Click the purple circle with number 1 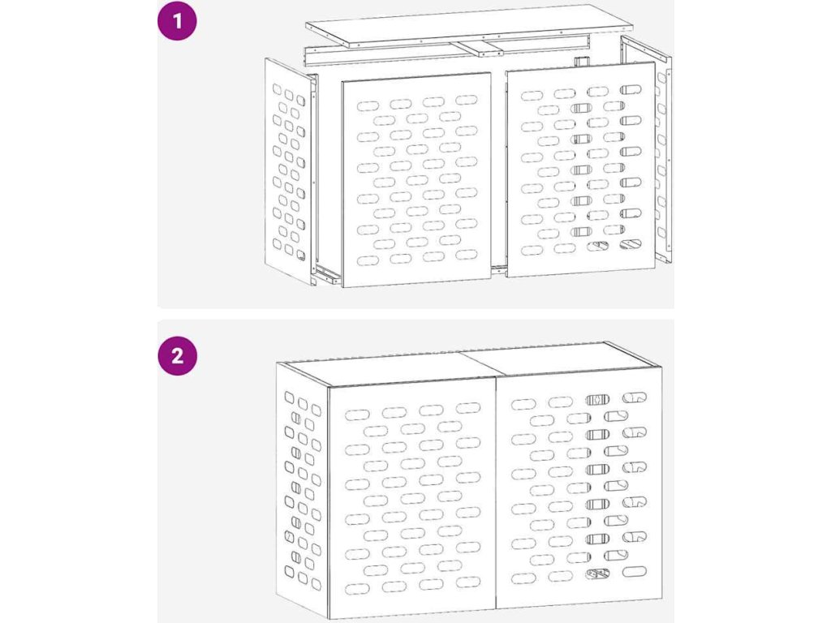(178, 21)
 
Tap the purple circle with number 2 (178, 355)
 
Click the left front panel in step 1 (416, 180)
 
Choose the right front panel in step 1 (581, 170)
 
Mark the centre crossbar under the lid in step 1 (481, 48)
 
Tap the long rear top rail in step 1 (448, 50)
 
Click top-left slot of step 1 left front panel (368, 106)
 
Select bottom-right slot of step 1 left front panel (467, 255)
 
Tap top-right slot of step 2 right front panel (635, 397)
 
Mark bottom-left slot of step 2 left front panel (357, 589)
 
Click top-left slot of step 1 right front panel (532, 96)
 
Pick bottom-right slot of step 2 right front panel (635, 572)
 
